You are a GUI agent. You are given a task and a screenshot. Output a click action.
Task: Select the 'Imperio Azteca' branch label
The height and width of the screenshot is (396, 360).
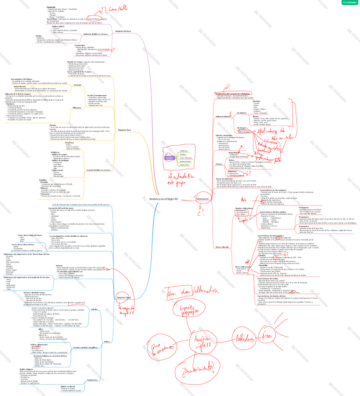[122, 31]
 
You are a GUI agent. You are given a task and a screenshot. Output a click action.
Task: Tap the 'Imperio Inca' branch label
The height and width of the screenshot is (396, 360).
[124, 130]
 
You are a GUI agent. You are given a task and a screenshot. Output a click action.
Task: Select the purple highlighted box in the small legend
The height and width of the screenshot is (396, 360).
[169, 158]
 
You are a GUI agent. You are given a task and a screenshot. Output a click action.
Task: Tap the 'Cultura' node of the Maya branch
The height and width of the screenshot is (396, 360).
[107, 341]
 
